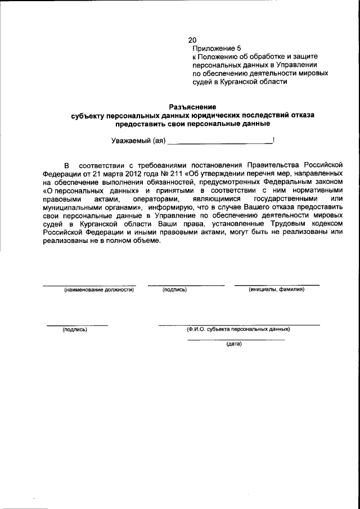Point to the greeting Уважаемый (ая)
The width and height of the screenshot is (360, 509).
(138, 141)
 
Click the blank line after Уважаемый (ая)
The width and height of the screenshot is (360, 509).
(219, 143)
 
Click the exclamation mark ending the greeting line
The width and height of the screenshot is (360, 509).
(273, 140)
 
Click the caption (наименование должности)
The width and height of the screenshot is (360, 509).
(98, 290)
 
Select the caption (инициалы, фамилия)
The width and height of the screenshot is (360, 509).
(276, 290)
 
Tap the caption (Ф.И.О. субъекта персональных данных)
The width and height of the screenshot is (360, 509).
(238, 330)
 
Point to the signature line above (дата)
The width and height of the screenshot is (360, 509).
(235, 340)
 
